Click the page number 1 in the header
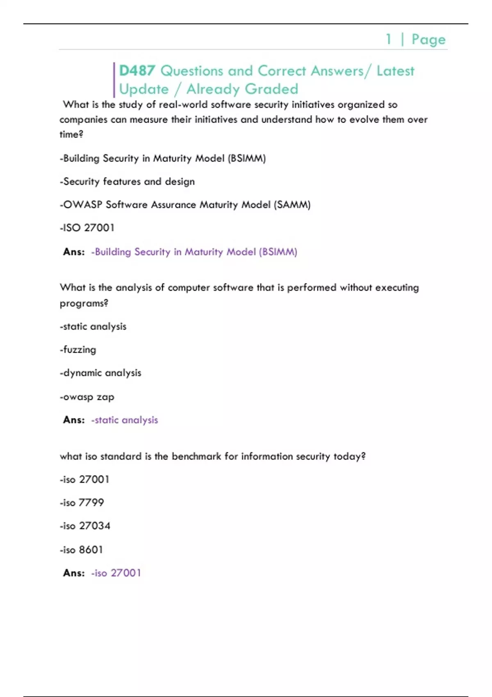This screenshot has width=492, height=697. click(388, 39)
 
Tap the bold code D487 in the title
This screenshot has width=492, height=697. click(137, 71)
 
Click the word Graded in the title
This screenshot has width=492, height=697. click(271, 89)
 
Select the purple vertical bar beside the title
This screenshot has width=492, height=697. click(114, 80)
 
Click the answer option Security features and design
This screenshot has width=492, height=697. click(127, 182)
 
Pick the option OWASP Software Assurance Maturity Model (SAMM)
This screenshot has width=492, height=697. click(185, 205)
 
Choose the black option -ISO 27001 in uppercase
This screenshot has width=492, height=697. click(87, 228)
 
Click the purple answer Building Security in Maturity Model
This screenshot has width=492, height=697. click(194, 252)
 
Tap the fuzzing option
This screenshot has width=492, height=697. click(78, 350)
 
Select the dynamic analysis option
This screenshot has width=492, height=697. click(100, 373)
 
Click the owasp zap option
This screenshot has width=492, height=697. click(87, 397)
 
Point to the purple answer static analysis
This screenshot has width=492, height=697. click(124, 420)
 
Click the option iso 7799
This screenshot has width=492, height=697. click(82, 503)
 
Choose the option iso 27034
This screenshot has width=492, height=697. click(85, 526)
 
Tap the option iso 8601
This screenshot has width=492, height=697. click(81, 550)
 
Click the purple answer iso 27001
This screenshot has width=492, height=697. click(116, 573)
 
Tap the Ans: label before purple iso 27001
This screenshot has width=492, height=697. click(74, 573)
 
